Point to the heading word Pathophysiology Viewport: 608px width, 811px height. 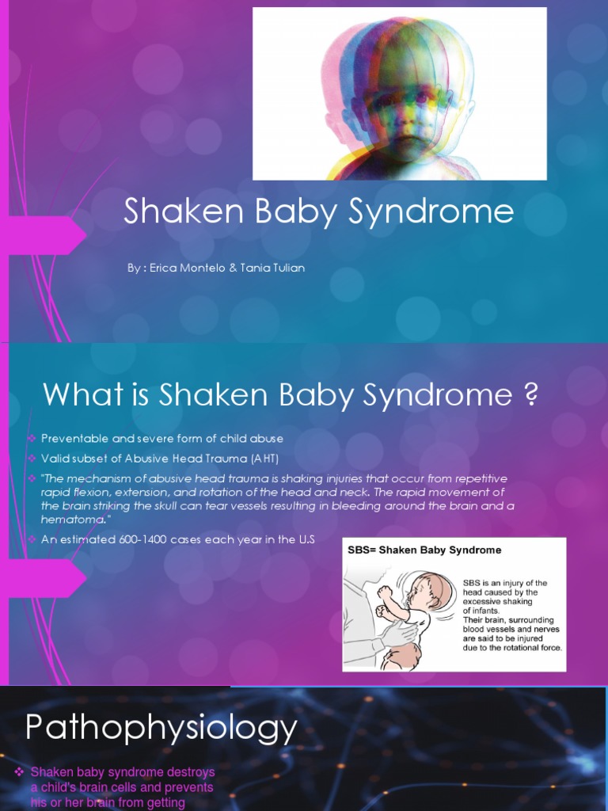(161, 728)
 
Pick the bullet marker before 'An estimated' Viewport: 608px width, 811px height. (32, 539)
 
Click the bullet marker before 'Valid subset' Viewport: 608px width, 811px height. (32, 459)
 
